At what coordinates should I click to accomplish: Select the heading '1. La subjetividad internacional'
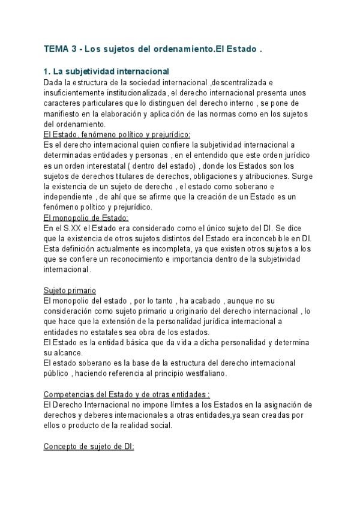point(106,72)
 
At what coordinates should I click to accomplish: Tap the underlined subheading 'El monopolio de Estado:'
point(86,218)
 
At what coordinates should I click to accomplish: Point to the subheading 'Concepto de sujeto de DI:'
point(89,447)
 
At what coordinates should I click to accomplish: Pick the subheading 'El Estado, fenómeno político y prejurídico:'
point(117,134)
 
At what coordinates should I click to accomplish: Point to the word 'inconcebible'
point(271,238)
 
